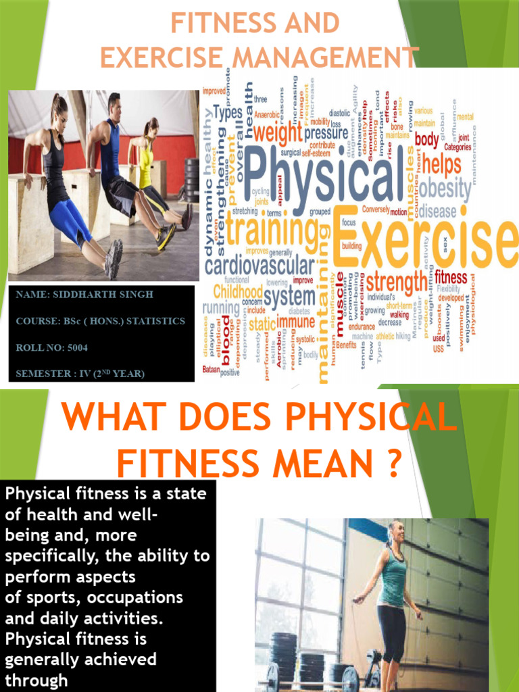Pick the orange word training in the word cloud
point(272,230)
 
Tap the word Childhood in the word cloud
point(237,291)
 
